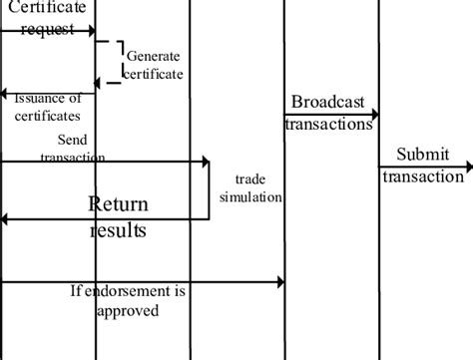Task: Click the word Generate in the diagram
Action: point(153,55)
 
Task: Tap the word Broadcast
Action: point(328,103)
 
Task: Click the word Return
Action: point(119,205)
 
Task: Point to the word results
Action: point(119,230)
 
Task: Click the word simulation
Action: point(250,196)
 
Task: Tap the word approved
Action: point(127,310)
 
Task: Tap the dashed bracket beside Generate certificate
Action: point(118,63)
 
